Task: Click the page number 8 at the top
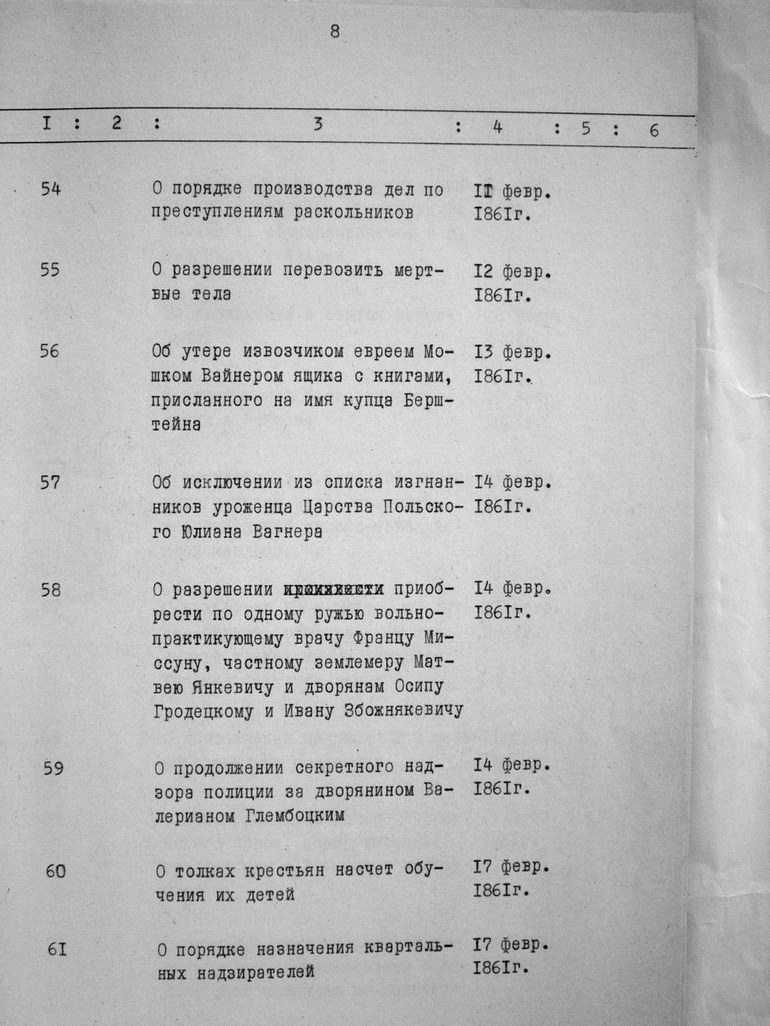[x=335, y=32]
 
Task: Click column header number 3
[x=318, y=125]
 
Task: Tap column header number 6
[x=653, y=130]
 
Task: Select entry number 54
[x=51, y=189]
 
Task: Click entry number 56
[x=50, y=351]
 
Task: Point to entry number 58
[x=51, y=590]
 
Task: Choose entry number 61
[x=57, y=949]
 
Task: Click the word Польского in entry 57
[x=408, y=507]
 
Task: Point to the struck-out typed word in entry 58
[x=334, y=590]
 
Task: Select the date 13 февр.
[x=513, y=353]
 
